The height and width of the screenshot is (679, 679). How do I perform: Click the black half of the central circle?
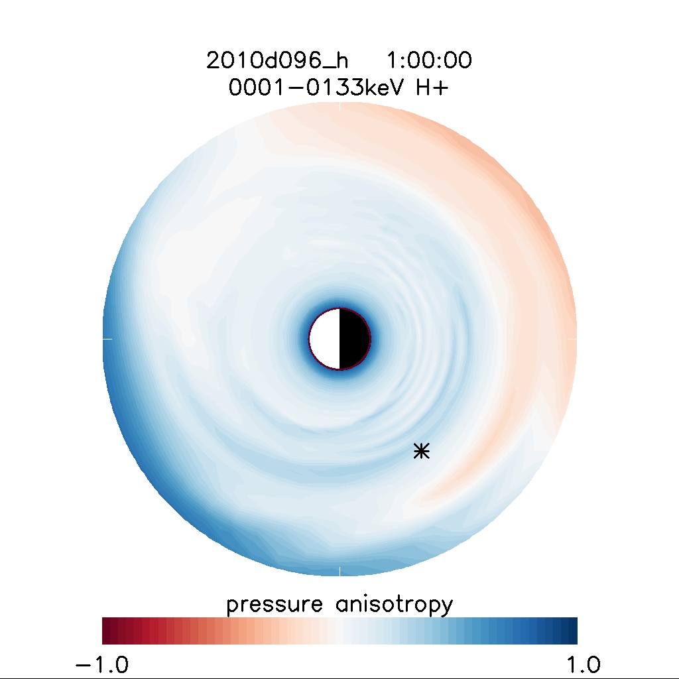pos(354,339)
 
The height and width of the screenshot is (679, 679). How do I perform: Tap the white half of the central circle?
pos(325,339)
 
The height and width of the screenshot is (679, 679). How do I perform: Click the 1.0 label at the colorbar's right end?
pos(577,664)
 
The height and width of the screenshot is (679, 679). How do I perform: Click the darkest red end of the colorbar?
pos(106,631)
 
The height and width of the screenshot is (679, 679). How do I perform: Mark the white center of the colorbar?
pos(339,631)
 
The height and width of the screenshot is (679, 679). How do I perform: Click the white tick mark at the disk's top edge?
pos(339,105)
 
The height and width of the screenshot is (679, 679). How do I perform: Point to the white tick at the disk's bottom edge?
pos(339,572)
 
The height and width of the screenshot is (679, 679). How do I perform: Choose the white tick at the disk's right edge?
pos(573,339)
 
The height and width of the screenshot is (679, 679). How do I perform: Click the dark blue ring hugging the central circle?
pos(339,303)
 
